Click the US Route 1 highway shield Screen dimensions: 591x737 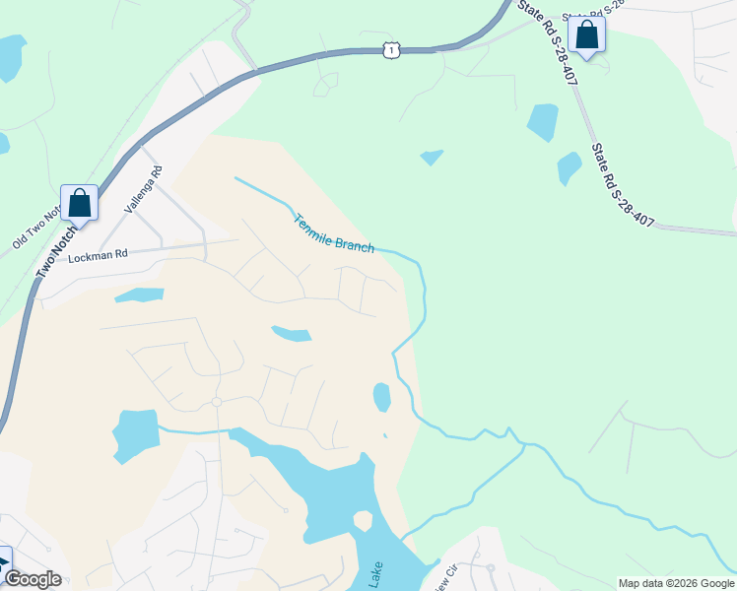[x=392, y=49]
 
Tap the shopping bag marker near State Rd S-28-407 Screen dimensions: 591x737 [x=587, y=34]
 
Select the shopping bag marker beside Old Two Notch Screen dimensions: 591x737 [x=79, y=203]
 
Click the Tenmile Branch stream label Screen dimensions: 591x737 [x=334, y=232]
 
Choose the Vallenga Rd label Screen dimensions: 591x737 [x=142, y=190]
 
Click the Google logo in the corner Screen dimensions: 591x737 [x=33, y=579]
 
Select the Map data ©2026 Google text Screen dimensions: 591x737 [x=676, y=583]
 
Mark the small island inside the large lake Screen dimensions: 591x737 [x=362, y=519]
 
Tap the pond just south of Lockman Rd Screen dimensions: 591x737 [x=139, y=295]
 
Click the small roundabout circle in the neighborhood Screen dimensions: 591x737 [x=216, y=402]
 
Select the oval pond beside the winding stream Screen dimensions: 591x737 [x=381, y=397]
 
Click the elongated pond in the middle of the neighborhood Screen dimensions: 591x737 [x=292, y=334]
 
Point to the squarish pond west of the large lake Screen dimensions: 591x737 [x=135, y=433]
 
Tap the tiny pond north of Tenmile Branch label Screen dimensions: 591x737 [x=431, y=157]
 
